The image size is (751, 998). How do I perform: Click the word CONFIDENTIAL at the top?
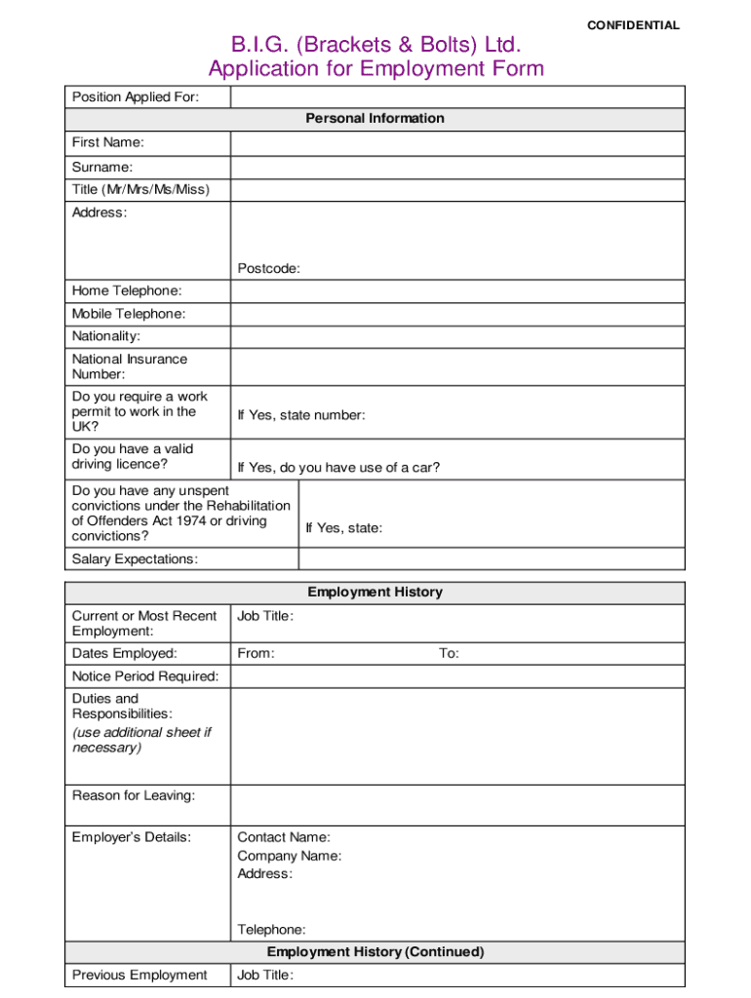tap(633, 25)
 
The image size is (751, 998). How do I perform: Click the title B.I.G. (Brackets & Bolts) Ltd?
tap(375, 45)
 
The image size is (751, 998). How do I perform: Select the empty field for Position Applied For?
tap(457, 96)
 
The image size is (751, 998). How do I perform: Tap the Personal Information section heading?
tap(375, 119)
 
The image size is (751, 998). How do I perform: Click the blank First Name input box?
tap(457, 143)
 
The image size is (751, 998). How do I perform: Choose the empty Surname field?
tap(457, 167)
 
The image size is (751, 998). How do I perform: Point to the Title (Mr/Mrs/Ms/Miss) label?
tap(140, 189)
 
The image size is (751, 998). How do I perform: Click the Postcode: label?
tap(268, 269)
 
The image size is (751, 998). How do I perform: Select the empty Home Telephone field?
tap(457, 291)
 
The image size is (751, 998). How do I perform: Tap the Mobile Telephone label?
tap(128, 314)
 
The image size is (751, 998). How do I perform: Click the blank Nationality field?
tap(457, 336)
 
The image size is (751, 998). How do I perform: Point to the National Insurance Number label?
tap(129, 366)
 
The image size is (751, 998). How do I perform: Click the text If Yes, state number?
tap(301, 416)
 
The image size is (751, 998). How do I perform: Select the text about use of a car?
tap(338, 468)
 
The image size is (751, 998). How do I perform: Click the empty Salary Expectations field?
tap(492, 558)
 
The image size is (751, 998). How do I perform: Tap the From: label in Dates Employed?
tap(256, 654)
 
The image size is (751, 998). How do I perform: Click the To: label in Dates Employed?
tap(449, 654)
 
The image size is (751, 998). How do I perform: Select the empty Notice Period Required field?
tap(457, 676)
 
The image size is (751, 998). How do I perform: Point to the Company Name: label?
tap(289, 856)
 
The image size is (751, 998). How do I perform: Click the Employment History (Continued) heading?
tap(375, 952)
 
